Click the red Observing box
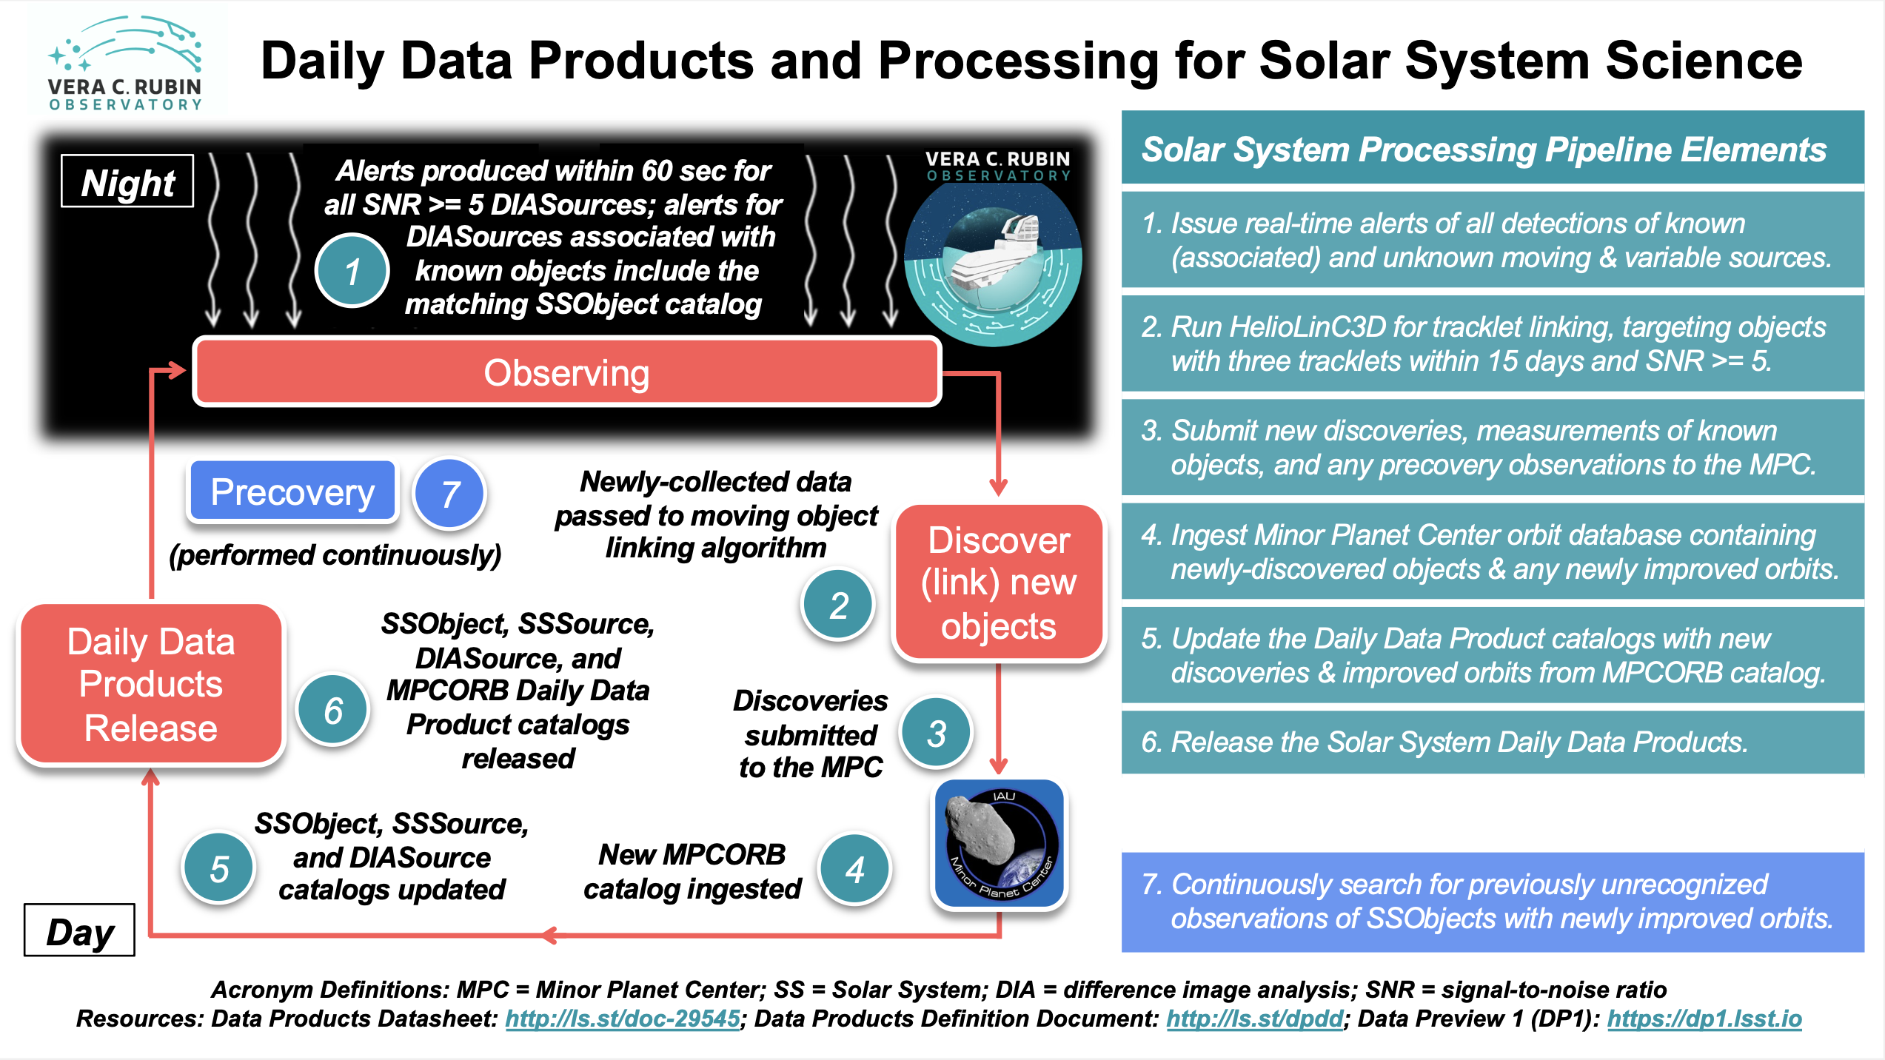click(567, 372)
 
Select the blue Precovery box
click(293, 492)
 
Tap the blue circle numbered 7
click(449, 494)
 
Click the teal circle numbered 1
click(352, 271)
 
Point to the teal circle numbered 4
click(855, 869)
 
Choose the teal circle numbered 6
click(333, 711)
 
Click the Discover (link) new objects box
click(999, 583)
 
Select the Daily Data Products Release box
click(151, 685)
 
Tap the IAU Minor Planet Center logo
click(1000, 844)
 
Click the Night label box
click(127, 182)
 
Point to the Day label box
click(80, 931)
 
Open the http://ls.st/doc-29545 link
click(623, 1019)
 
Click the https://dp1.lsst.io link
click(1704, 1019)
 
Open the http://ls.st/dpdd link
click(1254, 1019)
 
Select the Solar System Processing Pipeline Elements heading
click(1484, 150)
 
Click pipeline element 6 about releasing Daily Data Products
click(1444, 742)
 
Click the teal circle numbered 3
click(936, 733)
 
